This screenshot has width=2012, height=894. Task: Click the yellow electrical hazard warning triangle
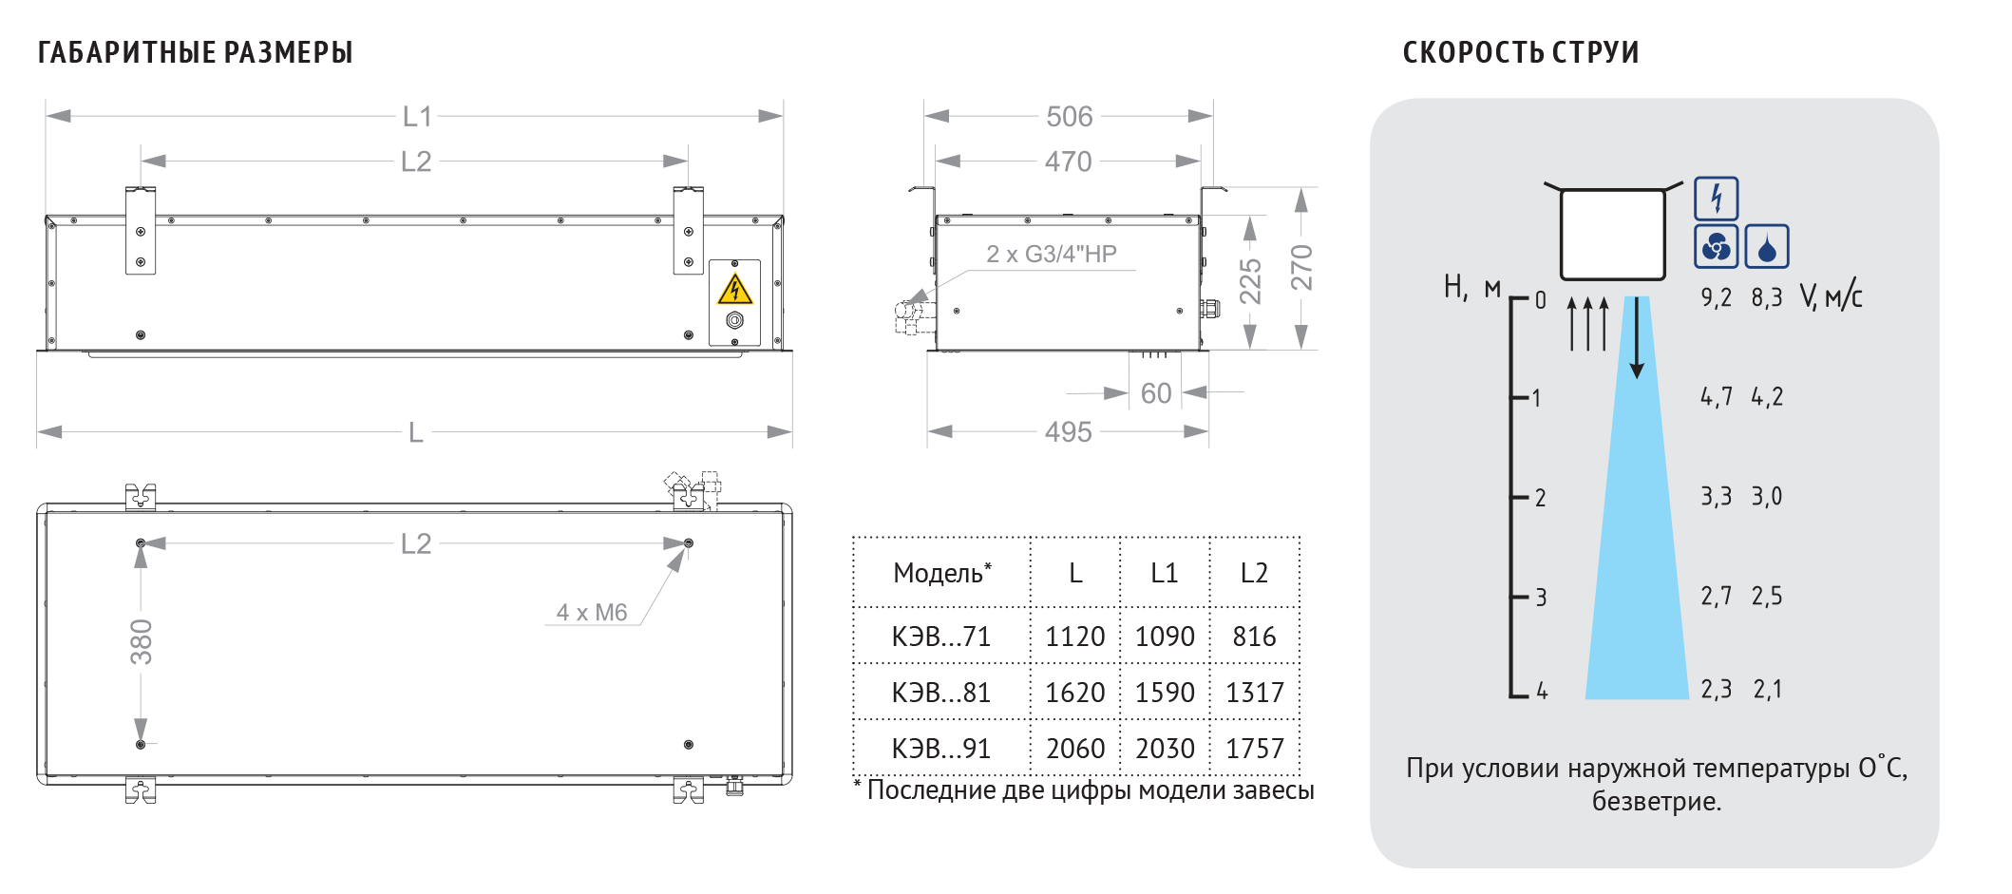(735, 289)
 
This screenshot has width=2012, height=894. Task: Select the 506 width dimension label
(1069, 117)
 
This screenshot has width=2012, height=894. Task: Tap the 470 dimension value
(1068, 162)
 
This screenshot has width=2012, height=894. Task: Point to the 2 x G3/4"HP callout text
(1051, 254)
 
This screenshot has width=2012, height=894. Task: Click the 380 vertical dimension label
(142, 641)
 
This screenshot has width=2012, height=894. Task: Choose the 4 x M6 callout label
(591, 613)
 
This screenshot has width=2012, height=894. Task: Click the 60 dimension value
(1156, 393)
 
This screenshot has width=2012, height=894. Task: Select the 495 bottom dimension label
(1068, 432)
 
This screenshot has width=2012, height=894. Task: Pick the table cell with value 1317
(1255, 693)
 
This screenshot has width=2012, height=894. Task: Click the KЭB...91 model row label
(940, 749)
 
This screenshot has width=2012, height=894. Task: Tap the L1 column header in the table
(1164, 573)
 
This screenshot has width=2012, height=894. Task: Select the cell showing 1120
(1074, 637)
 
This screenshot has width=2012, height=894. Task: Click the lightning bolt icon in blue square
(1716, 199)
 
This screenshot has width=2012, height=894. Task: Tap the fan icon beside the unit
(1716, 247)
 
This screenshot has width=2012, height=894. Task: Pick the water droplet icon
(1767, 247)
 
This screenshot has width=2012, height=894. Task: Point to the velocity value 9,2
(1716, 298)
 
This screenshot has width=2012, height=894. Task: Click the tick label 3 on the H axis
(1541, 598)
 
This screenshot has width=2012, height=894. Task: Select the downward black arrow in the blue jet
(1637, 337)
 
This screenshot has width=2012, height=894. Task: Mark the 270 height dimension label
(1301, 268)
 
